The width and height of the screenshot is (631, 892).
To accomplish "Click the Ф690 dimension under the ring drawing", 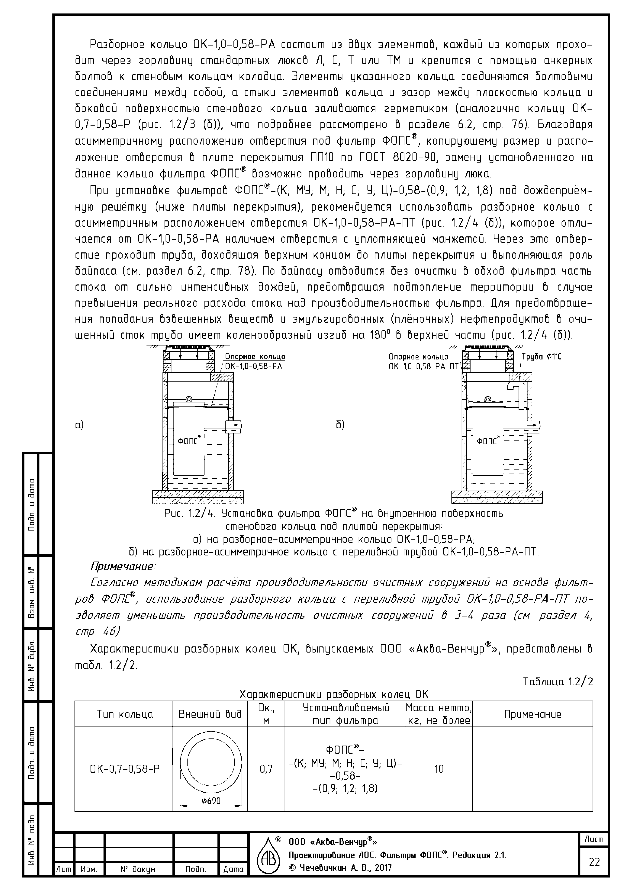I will pos(211,801).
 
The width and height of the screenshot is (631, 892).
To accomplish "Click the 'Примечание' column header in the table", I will pos(532,714).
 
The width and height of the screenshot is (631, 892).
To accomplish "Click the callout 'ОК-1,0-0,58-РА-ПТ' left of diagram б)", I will pos(424,366).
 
